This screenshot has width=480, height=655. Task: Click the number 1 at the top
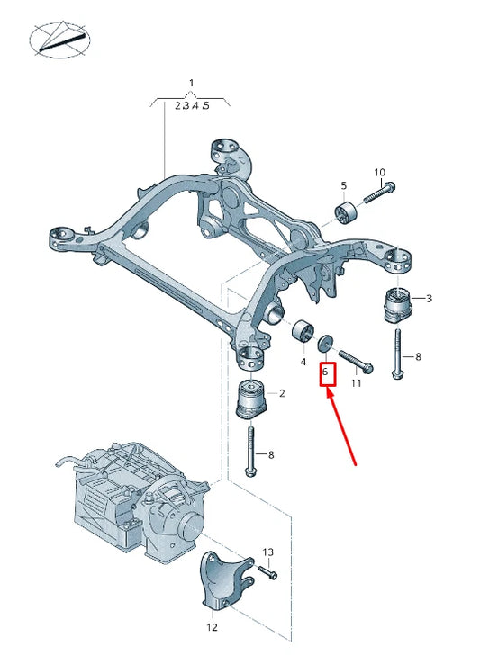(x=191, y=84)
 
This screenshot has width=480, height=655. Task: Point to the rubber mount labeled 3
(x=396, y=304)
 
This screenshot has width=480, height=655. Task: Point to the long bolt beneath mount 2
(x=249, y=453)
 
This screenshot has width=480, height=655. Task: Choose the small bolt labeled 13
(x=267, y=571)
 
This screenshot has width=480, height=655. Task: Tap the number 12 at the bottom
(x=213, y=627)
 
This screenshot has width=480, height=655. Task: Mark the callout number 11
(x=356, y=383)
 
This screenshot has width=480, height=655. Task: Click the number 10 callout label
(x=379, y=172)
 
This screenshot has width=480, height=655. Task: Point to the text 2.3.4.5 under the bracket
(x=191, y=105)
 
